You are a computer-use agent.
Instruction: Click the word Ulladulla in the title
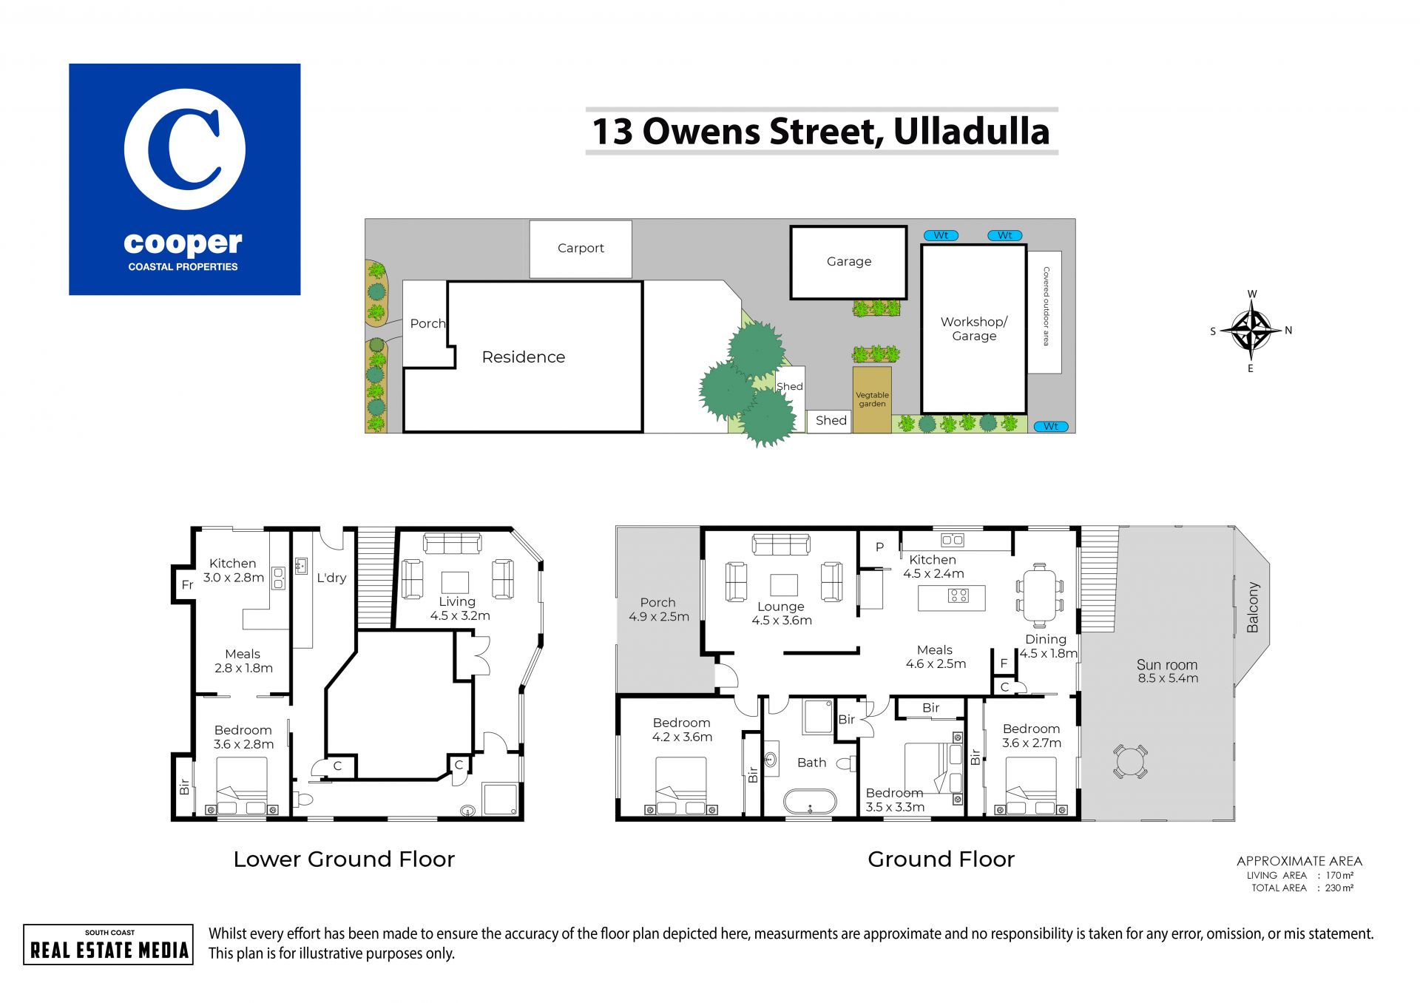(x=971, y=132)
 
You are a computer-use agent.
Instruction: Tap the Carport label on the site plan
(x=581, y=249)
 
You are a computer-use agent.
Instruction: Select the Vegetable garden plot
(x=872, y=399)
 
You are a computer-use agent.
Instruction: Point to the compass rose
(x=1251, y=331)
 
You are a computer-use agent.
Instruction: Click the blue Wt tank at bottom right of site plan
(x=1050, y=426)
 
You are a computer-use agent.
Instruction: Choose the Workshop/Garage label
(x=974, y=328)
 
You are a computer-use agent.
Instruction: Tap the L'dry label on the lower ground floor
(x=331, y=578)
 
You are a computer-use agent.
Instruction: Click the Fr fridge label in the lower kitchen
(x=187, y=585)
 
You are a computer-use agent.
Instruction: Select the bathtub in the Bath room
(x=810, y=803)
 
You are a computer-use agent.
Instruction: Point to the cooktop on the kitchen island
(x=958, y=595)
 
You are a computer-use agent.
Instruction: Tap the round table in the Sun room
(x=1129, y=761)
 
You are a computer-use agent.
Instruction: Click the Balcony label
(x=1252, y=607)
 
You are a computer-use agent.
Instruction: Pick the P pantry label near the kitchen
(x=879, y=547)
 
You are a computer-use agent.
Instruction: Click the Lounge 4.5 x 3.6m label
(x=782, y=613)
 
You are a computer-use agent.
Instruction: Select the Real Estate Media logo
(x=109, y=945)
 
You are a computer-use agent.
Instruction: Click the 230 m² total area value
(x=1339, y=888)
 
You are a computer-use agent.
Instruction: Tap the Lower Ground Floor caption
(x=344, y=860)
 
